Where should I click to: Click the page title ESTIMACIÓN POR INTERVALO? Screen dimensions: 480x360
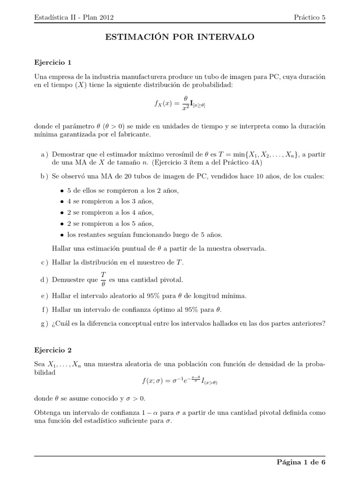[x=180, y=37]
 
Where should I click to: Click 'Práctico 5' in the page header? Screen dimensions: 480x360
[x=309, y=17]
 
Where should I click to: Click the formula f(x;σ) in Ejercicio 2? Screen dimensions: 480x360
[x=180, y=382]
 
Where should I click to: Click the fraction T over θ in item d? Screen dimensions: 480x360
[x=103, y=279]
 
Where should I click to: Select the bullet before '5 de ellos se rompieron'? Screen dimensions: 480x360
[x=62, y=191]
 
